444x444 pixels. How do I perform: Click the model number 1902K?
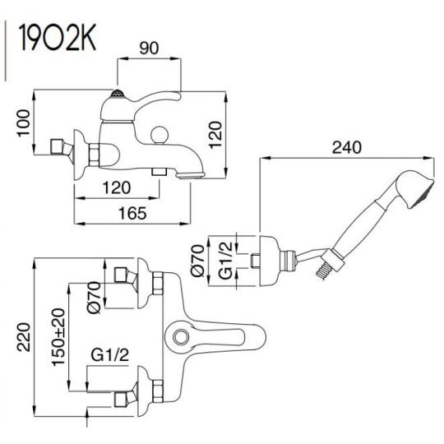pyautogui.click(x=58, y=38)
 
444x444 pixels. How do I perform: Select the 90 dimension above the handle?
pyautogui.click(x=149, y=49)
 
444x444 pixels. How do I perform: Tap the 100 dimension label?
pyautogui.click(x=24, y=123)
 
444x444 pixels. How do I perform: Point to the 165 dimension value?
pyautogui.click(x=132, y=213)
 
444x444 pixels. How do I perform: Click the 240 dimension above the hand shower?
pyautogui.click(x=347, y=147)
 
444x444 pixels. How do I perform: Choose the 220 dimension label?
pyautogui.click(x=24, y=337)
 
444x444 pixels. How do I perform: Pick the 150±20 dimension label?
pyautogui.click(x=59, y=337)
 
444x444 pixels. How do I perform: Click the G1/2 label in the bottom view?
pyautogui.click(x=110, y=355)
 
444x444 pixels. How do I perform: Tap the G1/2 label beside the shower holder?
pyautogui.click(x=226, y=261)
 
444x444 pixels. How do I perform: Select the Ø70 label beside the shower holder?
pyautogui.click(x=197, y=261)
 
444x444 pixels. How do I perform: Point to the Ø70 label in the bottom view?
pyautogui.click(x=95, y=298)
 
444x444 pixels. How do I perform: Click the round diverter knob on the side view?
pyautogui.click(x=160, y=135)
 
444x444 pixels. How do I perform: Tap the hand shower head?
pyautogui.click(x=416, y=189)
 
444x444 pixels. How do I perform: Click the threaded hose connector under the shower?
pyautogui.click(x=322, y=271)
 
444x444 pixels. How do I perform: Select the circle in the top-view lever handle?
pyautogui.click(x=181, y=337)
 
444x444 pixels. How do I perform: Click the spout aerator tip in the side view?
pyautogui.click(x=190, y=176)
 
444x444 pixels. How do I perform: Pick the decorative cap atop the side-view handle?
pyautogui.click(x=118, y=94)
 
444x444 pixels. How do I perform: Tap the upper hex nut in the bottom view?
pyautogui.click(x=158, y=284)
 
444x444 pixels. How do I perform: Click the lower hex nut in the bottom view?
pyautogui.click(x=158, y=391)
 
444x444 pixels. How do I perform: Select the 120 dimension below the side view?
pyautogui.click(x=117, y=187)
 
